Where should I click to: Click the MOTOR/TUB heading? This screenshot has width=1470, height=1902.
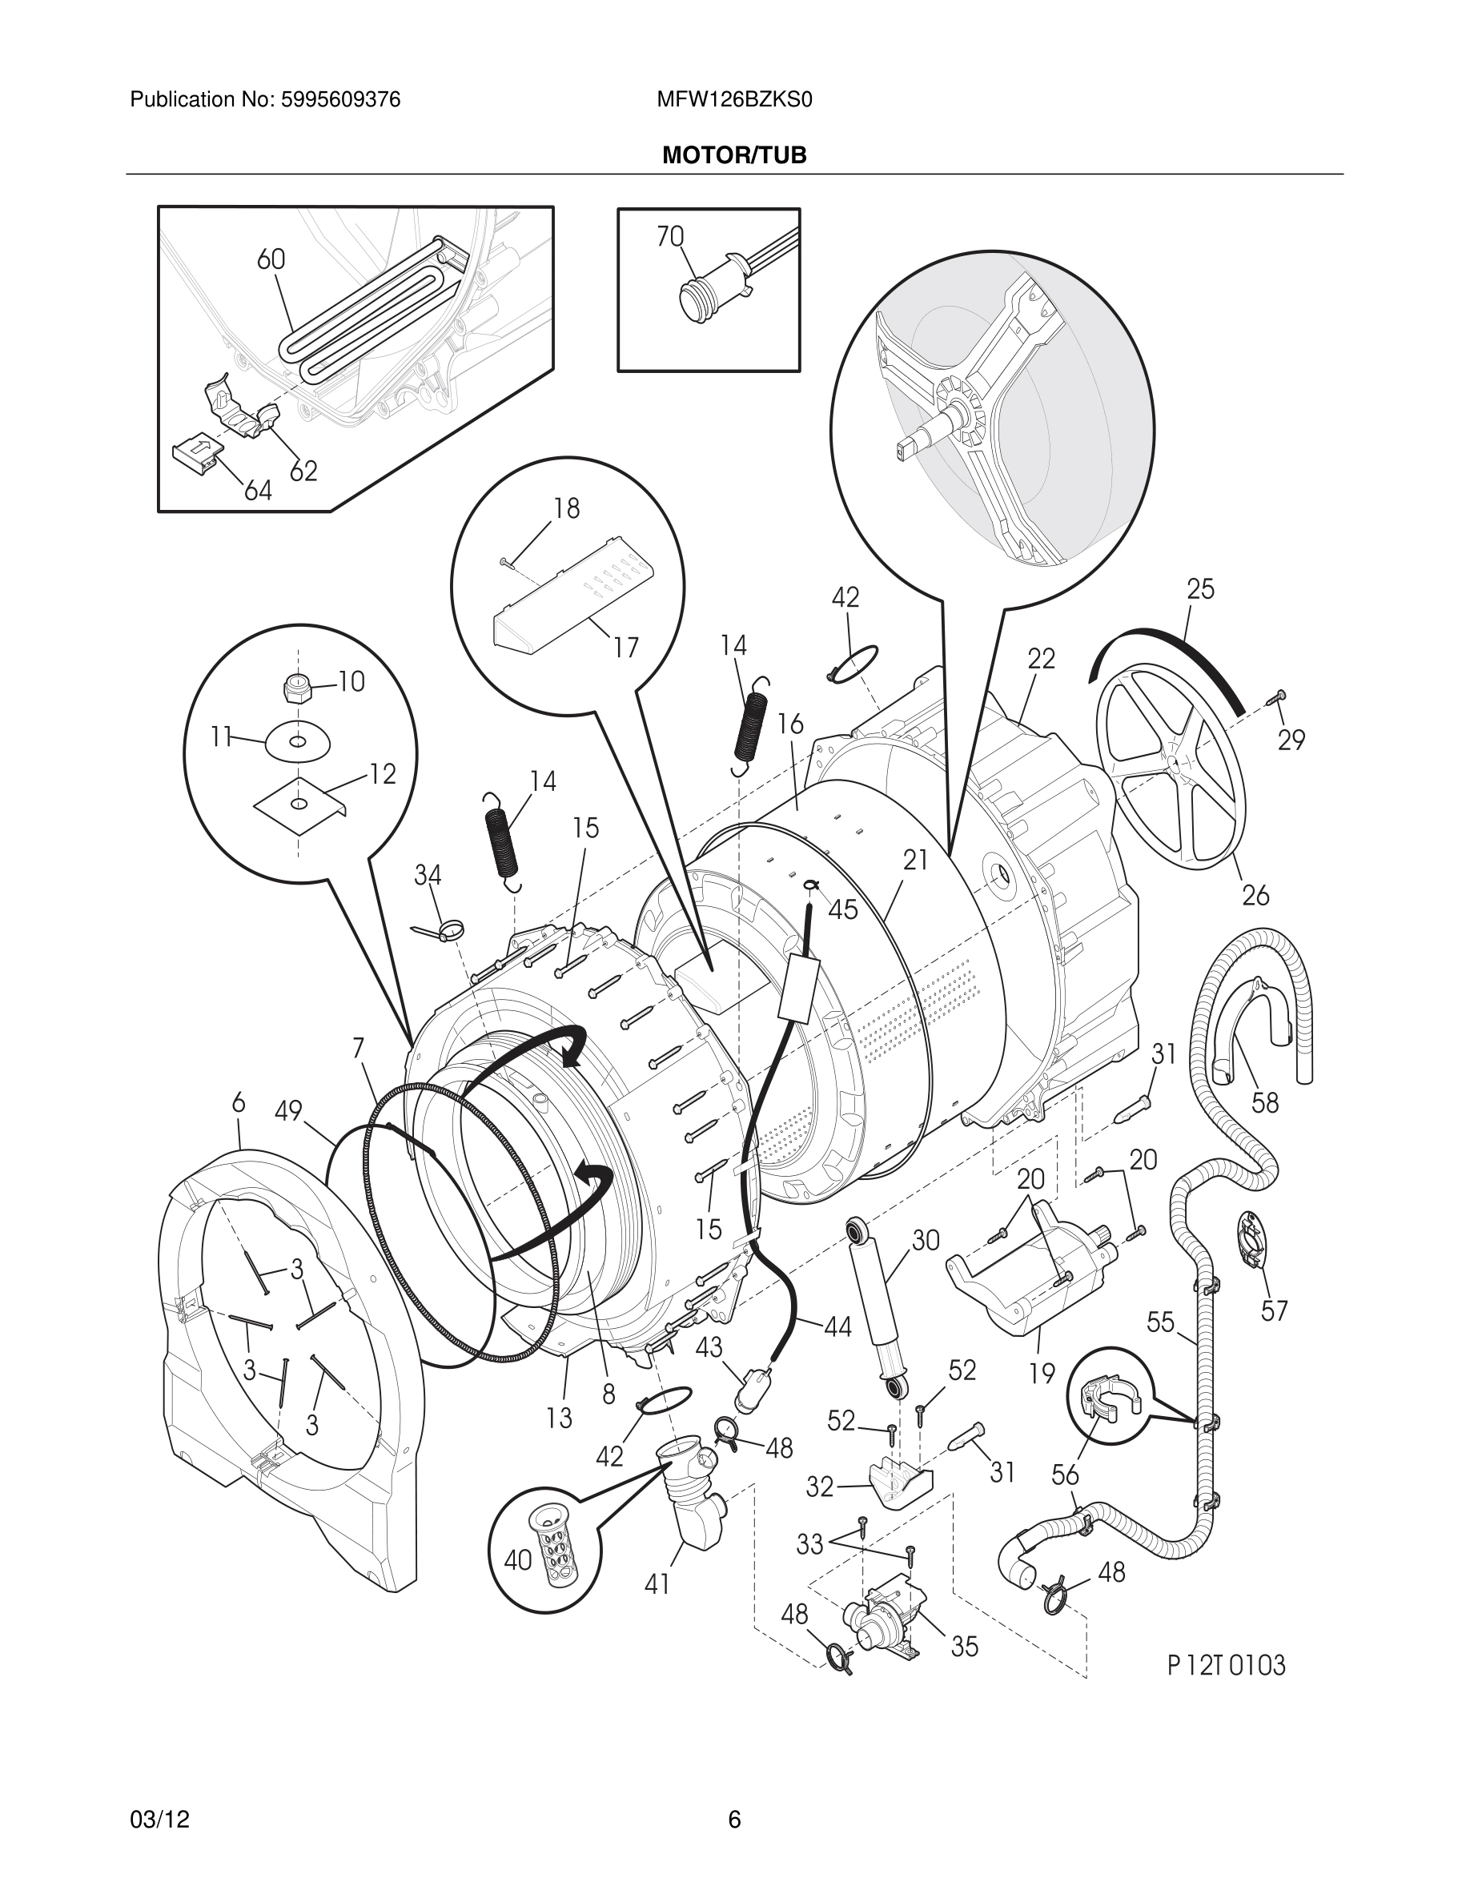pos(734,156)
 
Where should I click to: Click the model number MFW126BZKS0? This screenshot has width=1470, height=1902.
pos(734,100)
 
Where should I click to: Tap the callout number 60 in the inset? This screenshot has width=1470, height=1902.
pos(271,259)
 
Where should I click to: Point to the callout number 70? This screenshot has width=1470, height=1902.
pos(669,236)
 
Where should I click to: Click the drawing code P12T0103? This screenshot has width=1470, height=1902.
pos(1225,1665)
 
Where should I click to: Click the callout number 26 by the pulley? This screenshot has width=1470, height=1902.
pos(1255,894)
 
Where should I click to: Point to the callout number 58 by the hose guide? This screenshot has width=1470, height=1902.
pos(1264,1102)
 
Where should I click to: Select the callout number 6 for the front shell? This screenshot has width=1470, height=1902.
pos(239,1102)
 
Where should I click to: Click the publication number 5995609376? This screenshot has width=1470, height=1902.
pos(340,100)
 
